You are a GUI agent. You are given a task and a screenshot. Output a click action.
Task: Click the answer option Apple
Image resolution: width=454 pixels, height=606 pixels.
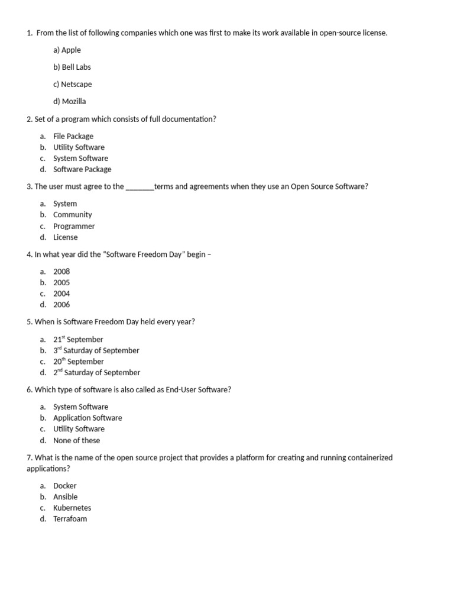(x=67, y=50)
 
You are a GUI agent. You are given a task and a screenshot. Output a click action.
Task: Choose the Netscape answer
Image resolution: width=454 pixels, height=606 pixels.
(x=72, y=85)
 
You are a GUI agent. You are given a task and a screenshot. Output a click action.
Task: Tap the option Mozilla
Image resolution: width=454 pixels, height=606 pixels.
(x=69, y=102)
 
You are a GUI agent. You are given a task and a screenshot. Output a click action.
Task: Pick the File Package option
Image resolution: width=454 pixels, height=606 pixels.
(x=73, y=136)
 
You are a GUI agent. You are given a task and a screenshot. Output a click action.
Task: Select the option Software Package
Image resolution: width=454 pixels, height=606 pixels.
(x=82, y=169)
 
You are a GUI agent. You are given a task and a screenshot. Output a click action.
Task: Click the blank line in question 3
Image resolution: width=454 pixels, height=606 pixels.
(x=140, y=187)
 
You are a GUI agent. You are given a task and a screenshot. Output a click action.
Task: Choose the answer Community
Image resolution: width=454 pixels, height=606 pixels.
(x=72, y=215)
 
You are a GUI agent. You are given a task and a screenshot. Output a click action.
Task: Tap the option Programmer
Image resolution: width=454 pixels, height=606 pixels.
(x=73, y=226)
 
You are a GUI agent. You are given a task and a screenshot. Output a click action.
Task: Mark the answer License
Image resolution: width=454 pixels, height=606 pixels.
(x=65, y=237)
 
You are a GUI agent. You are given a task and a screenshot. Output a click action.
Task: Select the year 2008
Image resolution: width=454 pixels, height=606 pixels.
(x=61, y=272)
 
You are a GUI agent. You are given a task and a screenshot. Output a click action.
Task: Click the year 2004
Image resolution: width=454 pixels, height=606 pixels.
(x=61, y=294)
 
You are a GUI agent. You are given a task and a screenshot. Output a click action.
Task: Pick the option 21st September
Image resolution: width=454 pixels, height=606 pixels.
(x=78, y=340)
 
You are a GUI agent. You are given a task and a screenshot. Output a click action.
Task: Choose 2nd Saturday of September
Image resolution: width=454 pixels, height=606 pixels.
(x=96, y=373)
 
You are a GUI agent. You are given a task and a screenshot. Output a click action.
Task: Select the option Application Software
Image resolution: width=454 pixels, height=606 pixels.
(x=87, y=418)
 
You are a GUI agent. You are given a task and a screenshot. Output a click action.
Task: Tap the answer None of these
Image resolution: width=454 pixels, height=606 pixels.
(x=76, y=440)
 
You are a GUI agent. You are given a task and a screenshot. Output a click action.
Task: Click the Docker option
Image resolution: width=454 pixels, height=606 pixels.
(x=64, y=486)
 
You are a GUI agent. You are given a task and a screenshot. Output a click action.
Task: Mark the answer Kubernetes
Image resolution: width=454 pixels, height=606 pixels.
(x=72, y=508)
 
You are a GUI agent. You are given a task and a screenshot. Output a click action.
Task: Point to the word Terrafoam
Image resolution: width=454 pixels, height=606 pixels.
(x=70, y=519)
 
